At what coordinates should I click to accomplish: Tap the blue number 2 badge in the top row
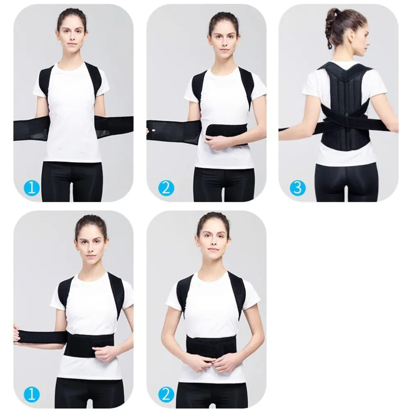[166, 188]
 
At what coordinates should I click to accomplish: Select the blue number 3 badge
[298, 188]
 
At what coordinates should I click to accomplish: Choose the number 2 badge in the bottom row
[166, 394]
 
